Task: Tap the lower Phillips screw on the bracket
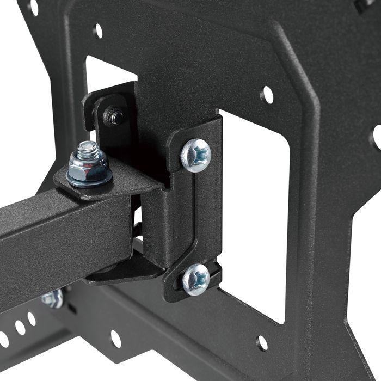(x=196, y=279)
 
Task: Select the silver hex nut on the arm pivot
(x=90, y=172)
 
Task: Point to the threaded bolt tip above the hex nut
(x=87, y=149)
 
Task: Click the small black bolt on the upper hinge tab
(x=115, y=116)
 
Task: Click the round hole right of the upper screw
(x=267, y=95)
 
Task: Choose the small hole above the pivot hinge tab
(x=98, y=30)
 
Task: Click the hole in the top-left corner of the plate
(x=33, y=7)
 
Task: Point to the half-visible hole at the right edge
(x=376, y=136)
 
